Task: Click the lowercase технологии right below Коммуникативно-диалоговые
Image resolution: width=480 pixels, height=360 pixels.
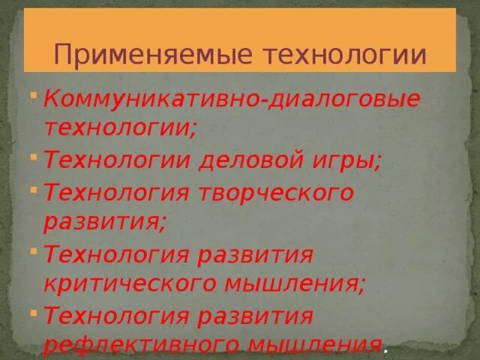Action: tap(120, 126)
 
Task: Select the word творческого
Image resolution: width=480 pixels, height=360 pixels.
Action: tap(276, 192)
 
